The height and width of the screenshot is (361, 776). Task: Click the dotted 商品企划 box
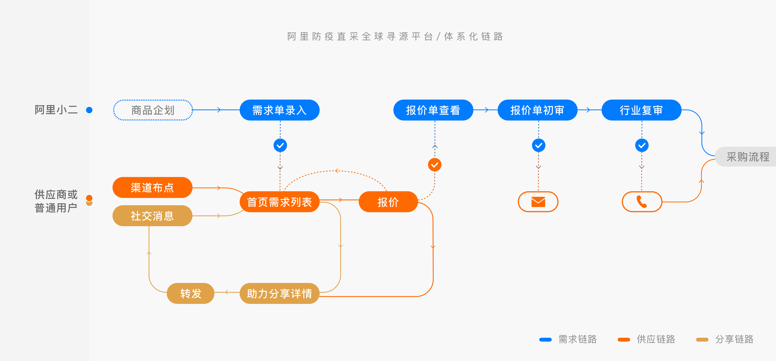coord(153,110)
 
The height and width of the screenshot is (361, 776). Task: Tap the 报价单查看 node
coord(433,110)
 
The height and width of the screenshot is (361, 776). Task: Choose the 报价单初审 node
coord(537,110)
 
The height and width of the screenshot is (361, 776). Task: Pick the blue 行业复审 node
coord(641,110)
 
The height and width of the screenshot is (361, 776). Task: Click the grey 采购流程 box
coord(747,157)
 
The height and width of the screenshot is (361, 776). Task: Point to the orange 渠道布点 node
coord(152,187)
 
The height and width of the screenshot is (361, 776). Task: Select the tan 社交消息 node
coord(152,216)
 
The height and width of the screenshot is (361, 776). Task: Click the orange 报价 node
coord(388,202)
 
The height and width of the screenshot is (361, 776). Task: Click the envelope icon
coord(538,202)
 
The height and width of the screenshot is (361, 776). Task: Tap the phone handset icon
coord(642,202)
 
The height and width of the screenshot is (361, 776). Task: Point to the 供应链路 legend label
coord(656,339)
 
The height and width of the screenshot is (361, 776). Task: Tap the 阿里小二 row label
coord(56,110)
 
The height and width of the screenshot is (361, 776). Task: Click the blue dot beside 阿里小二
coord(89,110)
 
